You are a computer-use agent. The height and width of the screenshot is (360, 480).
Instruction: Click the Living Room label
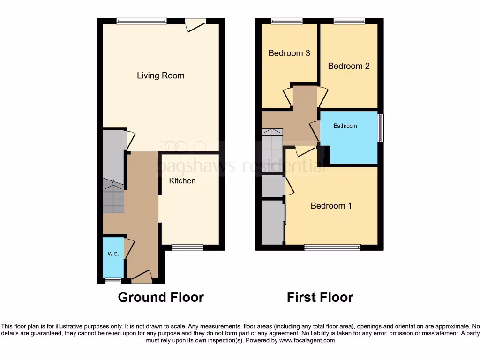pyautogui.click(x=160, y=75)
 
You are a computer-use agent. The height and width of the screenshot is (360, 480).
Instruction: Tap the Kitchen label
pyautogui.click(x=182, y=180)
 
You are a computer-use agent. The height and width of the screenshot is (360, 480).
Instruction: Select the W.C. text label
pyautogui.click(x=113, y=254)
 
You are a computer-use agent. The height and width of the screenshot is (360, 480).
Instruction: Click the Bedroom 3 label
pyautogui.click(x=289, y=53)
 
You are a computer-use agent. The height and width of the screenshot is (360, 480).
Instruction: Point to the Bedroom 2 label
pyautogui.click(x=349, y=66)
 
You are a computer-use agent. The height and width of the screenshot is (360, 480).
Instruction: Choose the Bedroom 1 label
pyautogui.click(x=331, y=206)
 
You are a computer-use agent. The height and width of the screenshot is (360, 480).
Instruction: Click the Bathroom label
pyautogui.click(x=345, y=126)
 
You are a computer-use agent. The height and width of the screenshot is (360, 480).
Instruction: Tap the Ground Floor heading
pyautogui.click(x=161, y=297)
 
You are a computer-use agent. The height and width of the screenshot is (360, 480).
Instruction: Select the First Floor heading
pyautogui.click(x=320, y=297)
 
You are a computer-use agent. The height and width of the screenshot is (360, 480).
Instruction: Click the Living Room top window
pyautogui.click(x=142, y=21)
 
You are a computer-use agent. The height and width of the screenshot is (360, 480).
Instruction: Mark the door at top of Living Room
pyautogui.click(x=195, y=24)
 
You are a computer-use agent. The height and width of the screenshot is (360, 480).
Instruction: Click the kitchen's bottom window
pyautogui.click(x=187, y=247)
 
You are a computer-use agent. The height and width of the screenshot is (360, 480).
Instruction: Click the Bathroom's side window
pyautogui.click(x=381, y=128)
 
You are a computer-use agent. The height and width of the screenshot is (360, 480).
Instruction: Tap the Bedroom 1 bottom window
pyautogui.click(x=332, y=247)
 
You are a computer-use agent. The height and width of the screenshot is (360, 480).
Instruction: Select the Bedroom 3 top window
pyautogui.click(x=287, y=21)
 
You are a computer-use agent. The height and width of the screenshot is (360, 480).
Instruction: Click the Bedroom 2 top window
pyautogui.click(x=349, y=21)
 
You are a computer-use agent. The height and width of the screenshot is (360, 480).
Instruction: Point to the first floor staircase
pyautogui.click(x=272, y=150)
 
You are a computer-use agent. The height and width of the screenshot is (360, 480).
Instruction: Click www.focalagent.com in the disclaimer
pyautogui.click(x=307, y=341)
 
